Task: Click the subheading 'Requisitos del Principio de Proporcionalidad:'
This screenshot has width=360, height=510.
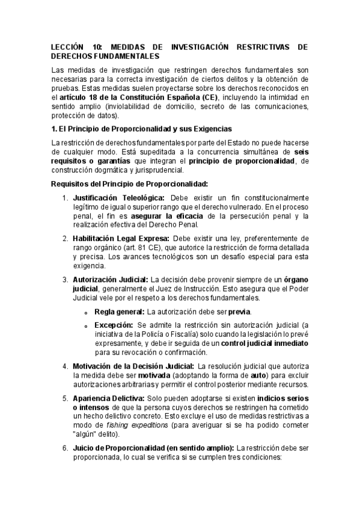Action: pyautogui.click(x=130, y=183)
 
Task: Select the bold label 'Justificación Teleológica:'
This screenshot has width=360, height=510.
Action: pyautogui.click(x=120, y=197)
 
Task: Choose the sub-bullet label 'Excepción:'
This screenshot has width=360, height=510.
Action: pyautogui.click(x=113, y=325)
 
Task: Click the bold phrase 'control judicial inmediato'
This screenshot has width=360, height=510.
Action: pyautogui.click(x=265, y=343)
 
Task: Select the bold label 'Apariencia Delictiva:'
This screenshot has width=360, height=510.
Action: pyautogui.click(x=109, y=398)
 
